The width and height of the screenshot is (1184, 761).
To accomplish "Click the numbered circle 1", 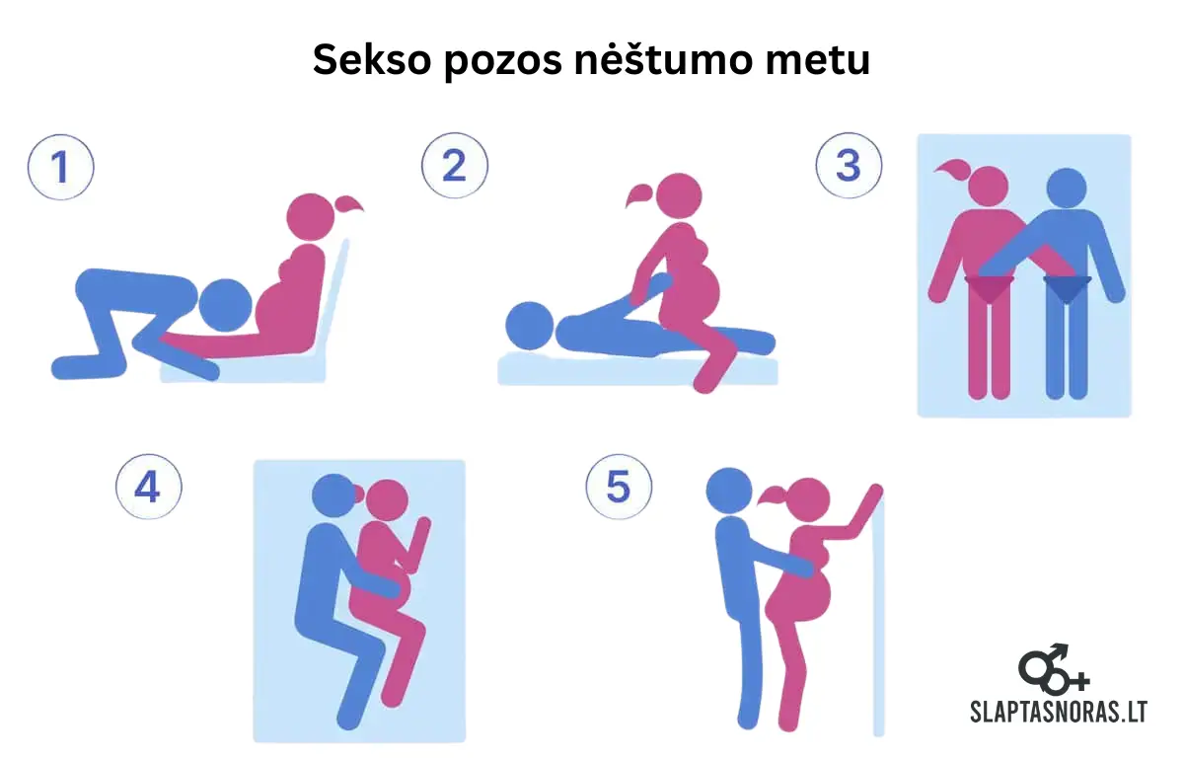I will [60, 167].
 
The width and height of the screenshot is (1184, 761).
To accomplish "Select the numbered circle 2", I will [455, 166].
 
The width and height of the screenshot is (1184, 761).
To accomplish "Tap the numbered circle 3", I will [849, 166].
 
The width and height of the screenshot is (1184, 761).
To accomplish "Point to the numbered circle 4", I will [149, 487].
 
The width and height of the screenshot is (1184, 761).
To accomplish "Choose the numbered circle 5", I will [619, 486].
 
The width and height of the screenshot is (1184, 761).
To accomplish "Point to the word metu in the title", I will [825, 61].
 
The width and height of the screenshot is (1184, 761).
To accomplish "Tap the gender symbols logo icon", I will [1053, 668].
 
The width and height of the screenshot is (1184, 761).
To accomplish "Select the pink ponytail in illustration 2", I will [639, 194].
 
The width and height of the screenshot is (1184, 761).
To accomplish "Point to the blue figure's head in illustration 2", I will [529, 325].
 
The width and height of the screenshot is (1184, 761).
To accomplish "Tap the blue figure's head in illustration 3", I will [1066, 189].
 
